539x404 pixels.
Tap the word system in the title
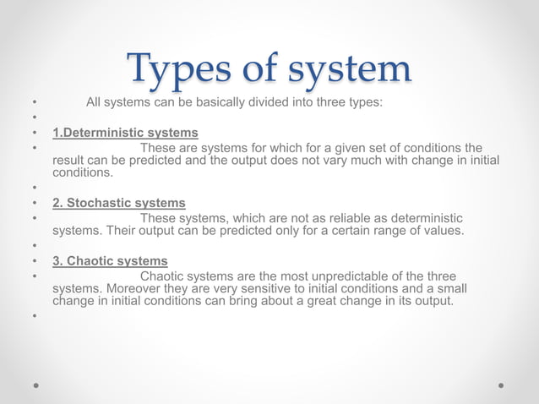[351, 69]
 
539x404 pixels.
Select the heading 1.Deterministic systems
[125, 133]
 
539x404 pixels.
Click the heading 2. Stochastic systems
[119, 203]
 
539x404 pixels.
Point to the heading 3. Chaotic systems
[110, 261]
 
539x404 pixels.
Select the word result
[70, 161]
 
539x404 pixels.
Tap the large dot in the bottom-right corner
[501, 385]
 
